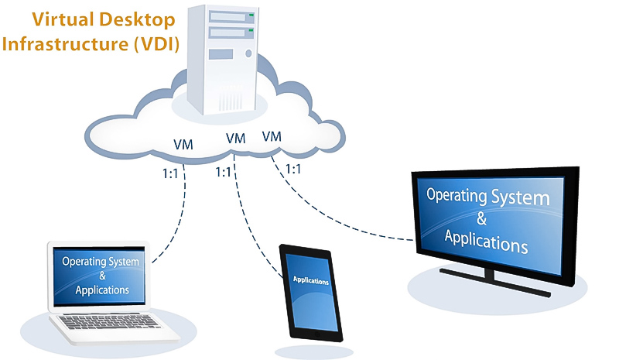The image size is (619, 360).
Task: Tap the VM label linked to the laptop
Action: point(183,145)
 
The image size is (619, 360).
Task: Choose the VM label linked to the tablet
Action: point(236,139)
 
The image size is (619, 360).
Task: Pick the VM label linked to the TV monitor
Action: point(272,136)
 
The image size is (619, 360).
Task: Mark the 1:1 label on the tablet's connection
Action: point(224,172)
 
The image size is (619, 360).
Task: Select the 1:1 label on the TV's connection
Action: point(294,167)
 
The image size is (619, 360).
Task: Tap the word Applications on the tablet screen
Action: point(310,280)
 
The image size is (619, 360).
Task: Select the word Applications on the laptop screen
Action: point(102,291)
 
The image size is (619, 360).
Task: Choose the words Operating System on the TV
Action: point(488,194)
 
